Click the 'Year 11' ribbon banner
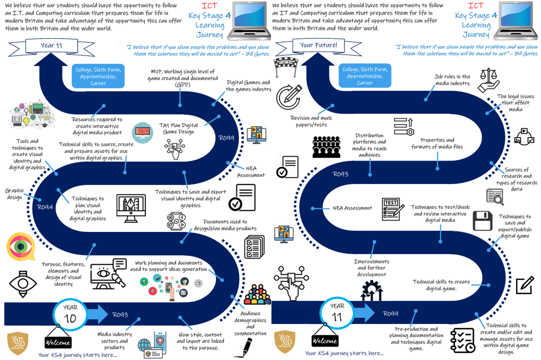click(52, 46)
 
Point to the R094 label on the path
click(45, 207)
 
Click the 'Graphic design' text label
click(14, 194)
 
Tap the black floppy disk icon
click(482, 221)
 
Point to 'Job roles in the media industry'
click(453, 80)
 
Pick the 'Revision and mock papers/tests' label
click(311, 121)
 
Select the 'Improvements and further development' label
click(372, 268)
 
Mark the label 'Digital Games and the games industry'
click(248, 86)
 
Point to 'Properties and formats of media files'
click(437, 143)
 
